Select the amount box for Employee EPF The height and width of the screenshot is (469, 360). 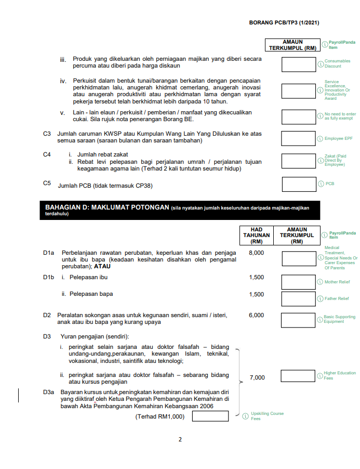tap(298, 138)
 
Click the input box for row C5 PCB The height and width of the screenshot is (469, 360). tap(298, 184)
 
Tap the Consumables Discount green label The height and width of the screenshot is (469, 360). tap(337, 64)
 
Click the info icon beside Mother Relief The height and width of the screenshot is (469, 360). tap(321, 282)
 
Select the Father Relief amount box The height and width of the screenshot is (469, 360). tap(298, 298)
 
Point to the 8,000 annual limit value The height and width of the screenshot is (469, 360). tap(257, 253)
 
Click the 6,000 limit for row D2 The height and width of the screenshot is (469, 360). tap(257, 315)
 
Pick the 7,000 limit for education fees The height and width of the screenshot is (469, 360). tap(257, 378)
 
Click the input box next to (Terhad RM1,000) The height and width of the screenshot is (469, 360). tap(210, 416)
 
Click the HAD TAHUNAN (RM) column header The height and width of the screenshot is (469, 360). tap(257, 235)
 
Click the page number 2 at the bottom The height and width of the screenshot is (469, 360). tap(180, 440)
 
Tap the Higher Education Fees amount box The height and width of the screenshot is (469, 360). tap(298, 375)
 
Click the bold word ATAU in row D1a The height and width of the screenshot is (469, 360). tap(102, 266)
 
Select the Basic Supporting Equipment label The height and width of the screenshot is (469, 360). tap(339, 319)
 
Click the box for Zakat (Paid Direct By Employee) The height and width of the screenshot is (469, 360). tap(298, 161)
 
